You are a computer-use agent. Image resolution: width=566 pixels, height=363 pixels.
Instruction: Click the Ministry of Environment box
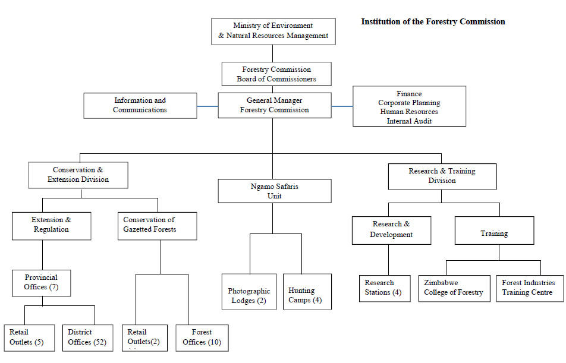[273, 31]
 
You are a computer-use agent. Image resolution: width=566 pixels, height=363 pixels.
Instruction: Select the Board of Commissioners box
[276, 74]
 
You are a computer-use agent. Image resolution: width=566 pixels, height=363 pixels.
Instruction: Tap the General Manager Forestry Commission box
[275, 105]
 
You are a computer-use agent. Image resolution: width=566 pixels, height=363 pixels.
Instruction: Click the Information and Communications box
[140, 105]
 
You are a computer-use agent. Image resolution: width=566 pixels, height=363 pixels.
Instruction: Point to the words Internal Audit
[409, 121]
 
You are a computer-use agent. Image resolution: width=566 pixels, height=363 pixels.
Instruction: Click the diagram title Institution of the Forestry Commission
[433, 21]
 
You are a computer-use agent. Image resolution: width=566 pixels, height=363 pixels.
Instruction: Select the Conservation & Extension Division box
[78, 175]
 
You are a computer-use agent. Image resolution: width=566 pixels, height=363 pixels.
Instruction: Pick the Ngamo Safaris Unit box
[275, 191]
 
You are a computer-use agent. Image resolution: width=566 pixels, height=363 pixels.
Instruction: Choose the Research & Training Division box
[442, 176]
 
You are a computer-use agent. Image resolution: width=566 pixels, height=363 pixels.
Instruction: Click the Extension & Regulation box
[51, 226]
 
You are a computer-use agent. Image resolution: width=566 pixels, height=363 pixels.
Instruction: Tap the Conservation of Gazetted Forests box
[158, 226]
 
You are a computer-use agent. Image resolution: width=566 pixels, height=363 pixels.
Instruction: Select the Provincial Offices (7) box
[41, 283]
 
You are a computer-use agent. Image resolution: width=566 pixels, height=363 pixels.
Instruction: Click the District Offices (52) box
[87, 337]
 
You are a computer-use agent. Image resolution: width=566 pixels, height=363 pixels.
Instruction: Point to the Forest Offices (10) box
[202, 337]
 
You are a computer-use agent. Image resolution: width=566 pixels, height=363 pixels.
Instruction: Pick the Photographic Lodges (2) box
[249, 292]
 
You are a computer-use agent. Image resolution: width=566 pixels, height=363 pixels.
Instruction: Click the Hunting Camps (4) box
[307, 292]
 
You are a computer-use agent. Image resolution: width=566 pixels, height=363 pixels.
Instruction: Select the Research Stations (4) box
[385, 288]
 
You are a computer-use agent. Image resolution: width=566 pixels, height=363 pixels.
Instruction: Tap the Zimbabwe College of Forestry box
[454, 288]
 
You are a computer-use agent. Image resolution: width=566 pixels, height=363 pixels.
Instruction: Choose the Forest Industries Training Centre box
[530, 288]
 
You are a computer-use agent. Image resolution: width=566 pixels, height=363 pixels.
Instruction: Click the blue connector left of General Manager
[207, 106]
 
